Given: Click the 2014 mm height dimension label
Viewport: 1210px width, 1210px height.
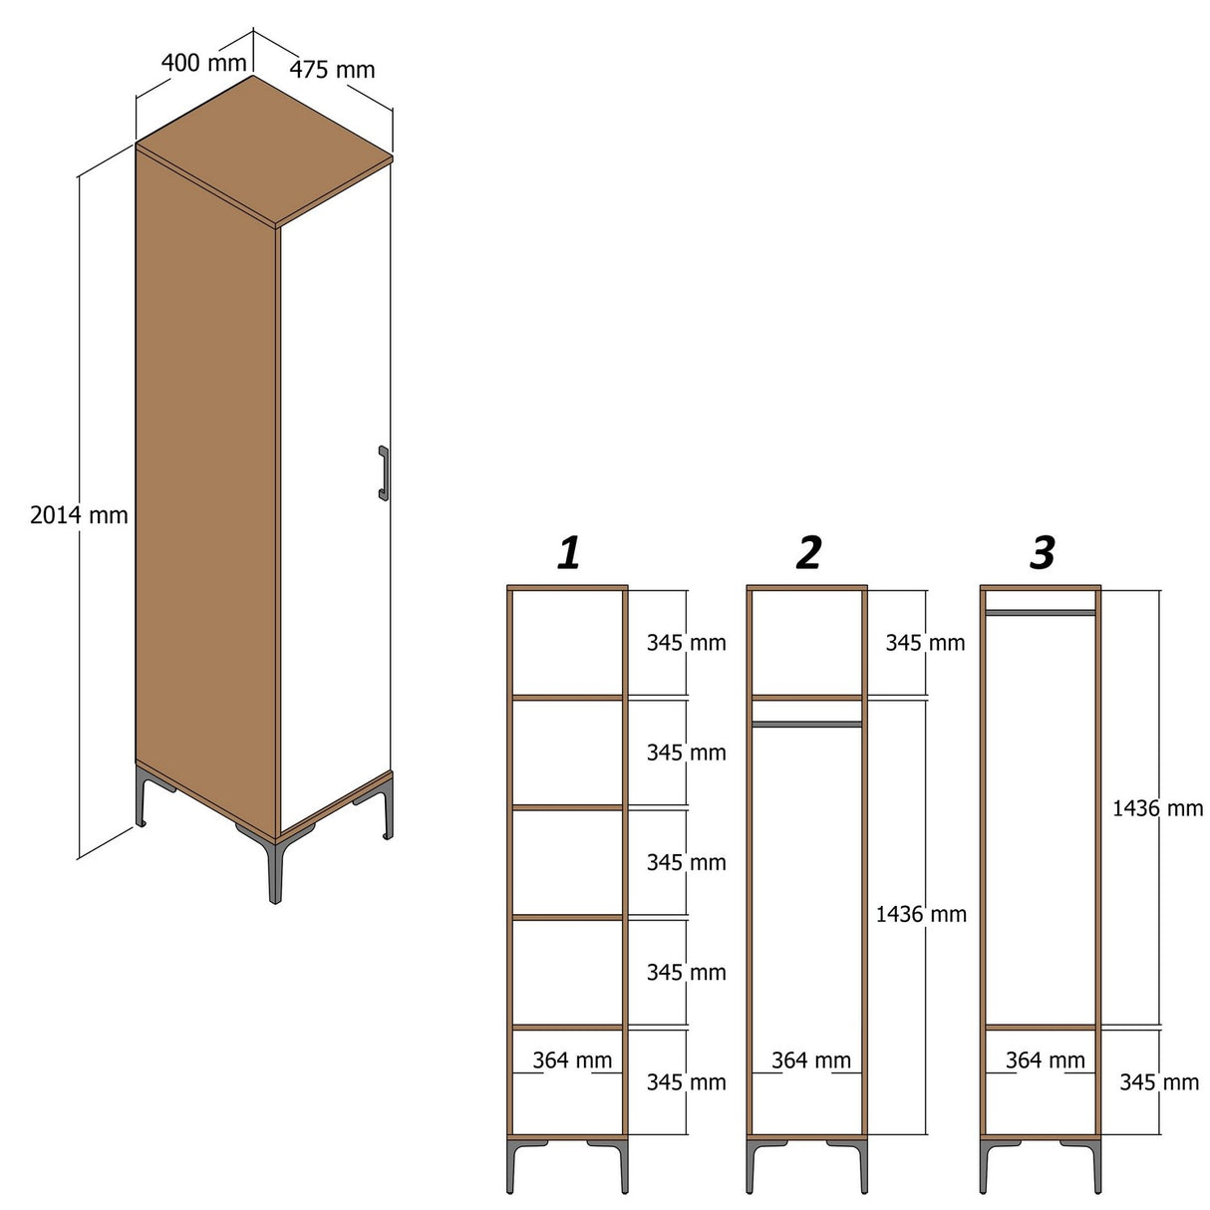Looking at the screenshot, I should [79, 515].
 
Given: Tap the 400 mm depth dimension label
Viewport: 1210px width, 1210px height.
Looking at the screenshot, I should [203, 63].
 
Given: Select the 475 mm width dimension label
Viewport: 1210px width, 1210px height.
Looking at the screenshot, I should [332, 70].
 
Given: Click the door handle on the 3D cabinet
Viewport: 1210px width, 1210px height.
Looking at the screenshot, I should [383, 471].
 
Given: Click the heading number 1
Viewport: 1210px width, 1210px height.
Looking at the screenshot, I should [568, 552].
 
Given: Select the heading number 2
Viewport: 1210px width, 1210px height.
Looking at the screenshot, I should [808, 552].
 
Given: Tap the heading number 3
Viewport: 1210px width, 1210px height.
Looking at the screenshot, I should [1042, 552].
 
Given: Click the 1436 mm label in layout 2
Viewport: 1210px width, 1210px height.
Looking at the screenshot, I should [921, 914].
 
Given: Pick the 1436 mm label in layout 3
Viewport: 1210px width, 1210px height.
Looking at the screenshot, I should [1157, 808].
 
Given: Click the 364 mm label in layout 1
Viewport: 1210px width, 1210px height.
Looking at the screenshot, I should [572, 1060].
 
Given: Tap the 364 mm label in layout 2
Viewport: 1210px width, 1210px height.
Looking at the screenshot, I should [811, 1060].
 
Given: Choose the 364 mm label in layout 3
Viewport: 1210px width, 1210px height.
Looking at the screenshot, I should [1045, 1060].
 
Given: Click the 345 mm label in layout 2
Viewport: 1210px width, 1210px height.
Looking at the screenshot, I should [925, 643].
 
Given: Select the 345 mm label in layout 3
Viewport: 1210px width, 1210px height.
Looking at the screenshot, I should [1158, 1082].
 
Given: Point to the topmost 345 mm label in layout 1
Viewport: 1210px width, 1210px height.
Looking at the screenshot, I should [686, 643].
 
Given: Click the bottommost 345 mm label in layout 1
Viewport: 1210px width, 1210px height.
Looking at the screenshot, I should [686, 1082].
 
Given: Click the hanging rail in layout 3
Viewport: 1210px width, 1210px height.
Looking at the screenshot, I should [1041, 612].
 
